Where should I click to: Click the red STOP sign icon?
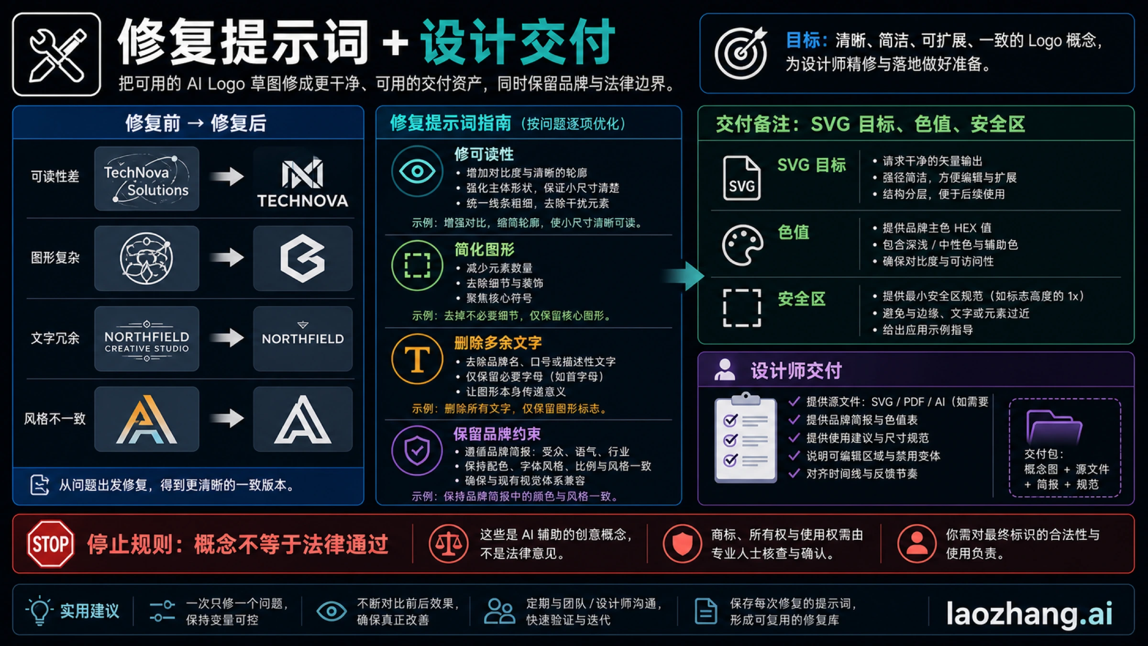click(x=51, y=544)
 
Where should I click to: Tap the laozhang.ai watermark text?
click(x=1029, y=613)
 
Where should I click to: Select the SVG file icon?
click(x=741, y=178)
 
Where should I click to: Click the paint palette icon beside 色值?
click(x=742, y=245)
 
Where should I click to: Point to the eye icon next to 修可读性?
click(x=417, y=171)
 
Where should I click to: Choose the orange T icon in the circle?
click(x=417, y=359)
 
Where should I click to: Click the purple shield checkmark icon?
click(x=417, y=450)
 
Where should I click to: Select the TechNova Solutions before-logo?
click(x=147, y=178)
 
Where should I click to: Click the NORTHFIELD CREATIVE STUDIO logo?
click(x=147, y=339)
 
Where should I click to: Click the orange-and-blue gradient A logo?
click(x=147, y=419)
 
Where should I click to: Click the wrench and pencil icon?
click(x=57, y=55)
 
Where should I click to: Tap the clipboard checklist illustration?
click(x=745, y=437)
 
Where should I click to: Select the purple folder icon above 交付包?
click(x=1054, y=427)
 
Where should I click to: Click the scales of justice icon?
click(x=448, y=544)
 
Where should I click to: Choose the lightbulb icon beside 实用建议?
click(x=40, y=611)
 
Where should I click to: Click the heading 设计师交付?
click(x=796, y=370)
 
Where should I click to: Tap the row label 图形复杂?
click(x=55, y=258)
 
